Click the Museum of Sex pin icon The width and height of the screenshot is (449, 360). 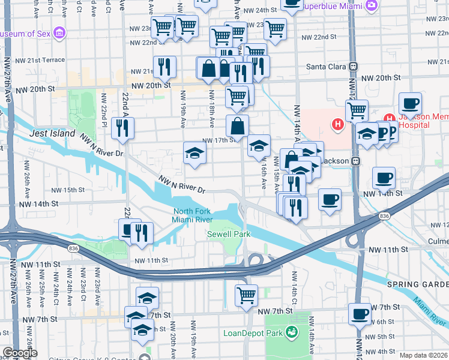(59, 33)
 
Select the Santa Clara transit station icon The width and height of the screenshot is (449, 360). (354, 67)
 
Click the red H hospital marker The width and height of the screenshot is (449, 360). (338, 125)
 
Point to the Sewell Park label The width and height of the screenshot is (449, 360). (228, 234)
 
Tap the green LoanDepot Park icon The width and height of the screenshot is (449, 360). (292, 332)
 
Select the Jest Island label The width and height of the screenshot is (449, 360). (53, 133)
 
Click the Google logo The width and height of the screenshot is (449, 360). (19, 353)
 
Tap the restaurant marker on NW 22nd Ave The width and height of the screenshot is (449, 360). (123, 128)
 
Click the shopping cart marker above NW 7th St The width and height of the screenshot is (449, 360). (246, 295)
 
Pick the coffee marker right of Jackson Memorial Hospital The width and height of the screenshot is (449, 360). (410, 103)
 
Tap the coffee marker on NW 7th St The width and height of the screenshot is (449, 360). (360, 314)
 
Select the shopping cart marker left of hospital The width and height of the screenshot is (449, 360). (357, 110)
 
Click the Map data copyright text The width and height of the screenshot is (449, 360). (423, 355)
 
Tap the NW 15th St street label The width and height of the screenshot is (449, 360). (68, 190)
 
